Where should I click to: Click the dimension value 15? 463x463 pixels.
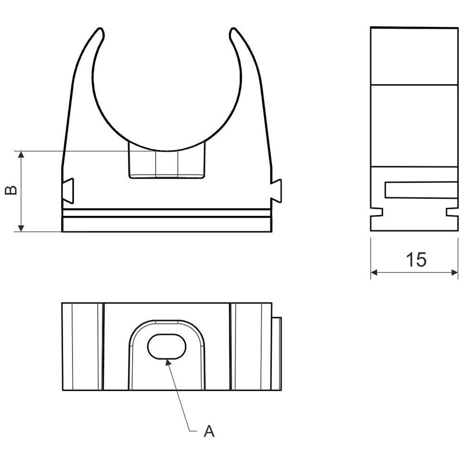tap(416, 260)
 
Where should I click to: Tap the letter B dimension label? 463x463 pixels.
tap(11, 190)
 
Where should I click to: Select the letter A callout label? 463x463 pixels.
tap(209, 431)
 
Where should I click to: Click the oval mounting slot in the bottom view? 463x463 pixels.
tap(167, 347)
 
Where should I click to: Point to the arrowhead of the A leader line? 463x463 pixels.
tap(168, 362)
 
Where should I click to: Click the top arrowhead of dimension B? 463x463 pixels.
tap(21, 154)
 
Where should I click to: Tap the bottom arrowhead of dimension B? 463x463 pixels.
tap(21, 228)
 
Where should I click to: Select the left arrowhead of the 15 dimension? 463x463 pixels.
tap(374, 272)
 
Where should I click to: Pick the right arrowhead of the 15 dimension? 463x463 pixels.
tap(454, 272)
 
